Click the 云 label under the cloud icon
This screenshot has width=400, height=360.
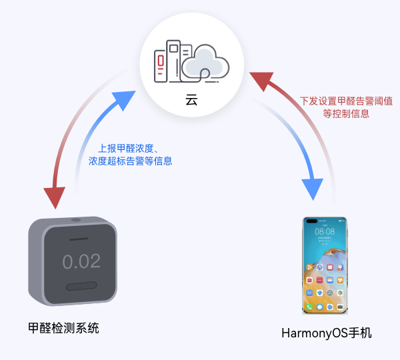click(x=191, y=100)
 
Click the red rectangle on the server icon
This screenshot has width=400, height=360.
click(x=161, y=61)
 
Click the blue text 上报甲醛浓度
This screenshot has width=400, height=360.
click(x=126, y=149)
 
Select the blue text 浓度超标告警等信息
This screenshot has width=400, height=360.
click(x=131, y=161)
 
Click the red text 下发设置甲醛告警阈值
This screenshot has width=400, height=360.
click(x=346, y=101)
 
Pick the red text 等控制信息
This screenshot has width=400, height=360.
click(x=346, y=114)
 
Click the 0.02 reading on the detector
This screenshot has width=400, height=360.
click(x=81, y=261)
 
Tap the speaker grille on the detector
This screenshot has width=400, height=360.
click(x=81, y=286)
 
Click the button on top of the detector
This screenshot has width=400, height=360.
click(x=76, y=220)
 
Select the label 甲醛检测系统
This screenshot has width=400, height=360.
click(x=63, y=328)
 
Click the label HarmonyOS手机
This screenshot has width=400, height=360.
click(x=327, y=333)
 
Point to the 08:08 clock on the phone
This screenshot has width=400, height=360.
click(x=325, y=231)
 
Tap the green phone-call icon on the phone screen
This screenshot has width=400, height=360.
click(x=309, y=307)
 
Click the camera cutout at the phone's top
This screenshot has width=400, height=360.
click(x=312, y=221)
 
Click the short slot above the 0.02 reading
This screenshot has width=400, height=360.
click(x=79, y=239)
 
